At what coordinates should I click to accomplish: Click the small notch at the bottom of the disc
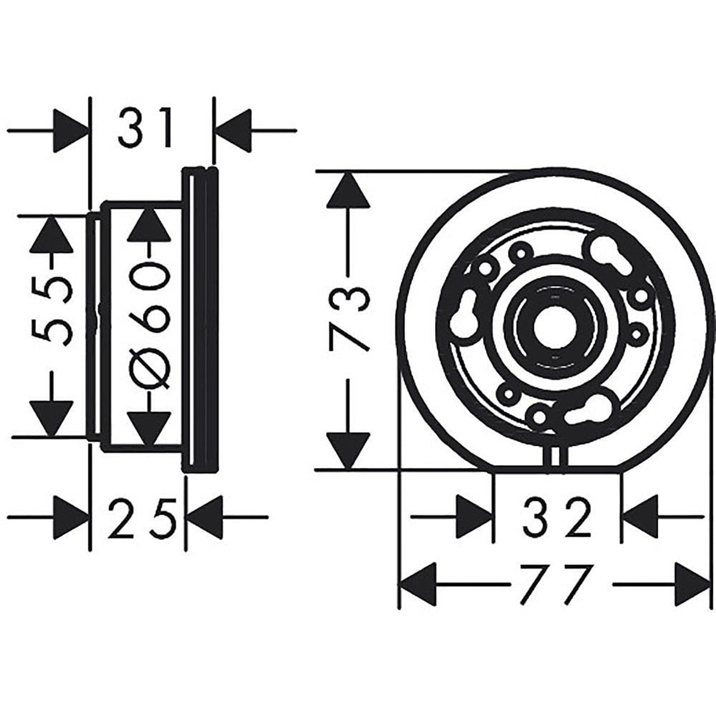[555, 457]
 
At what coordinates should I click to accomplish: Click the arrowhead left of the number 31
[70, 129]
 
